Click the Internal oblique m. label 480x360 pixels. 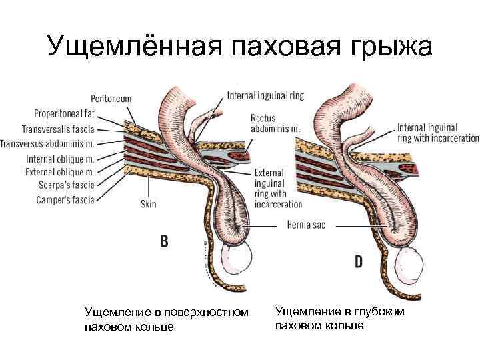(x=60, y=159)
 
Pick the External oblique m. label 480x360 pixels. (x=59, y=171)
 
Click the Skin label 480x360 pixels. (x=148, y=203)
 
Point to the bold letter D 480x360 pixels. (x=358, y=262)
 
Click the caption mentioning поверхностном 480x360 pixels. (x=167, y=319)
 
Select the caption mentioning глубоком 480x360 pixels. (x=339, y=317)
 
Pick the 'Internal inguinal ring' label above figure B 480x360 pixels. (x=265, y=95)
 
